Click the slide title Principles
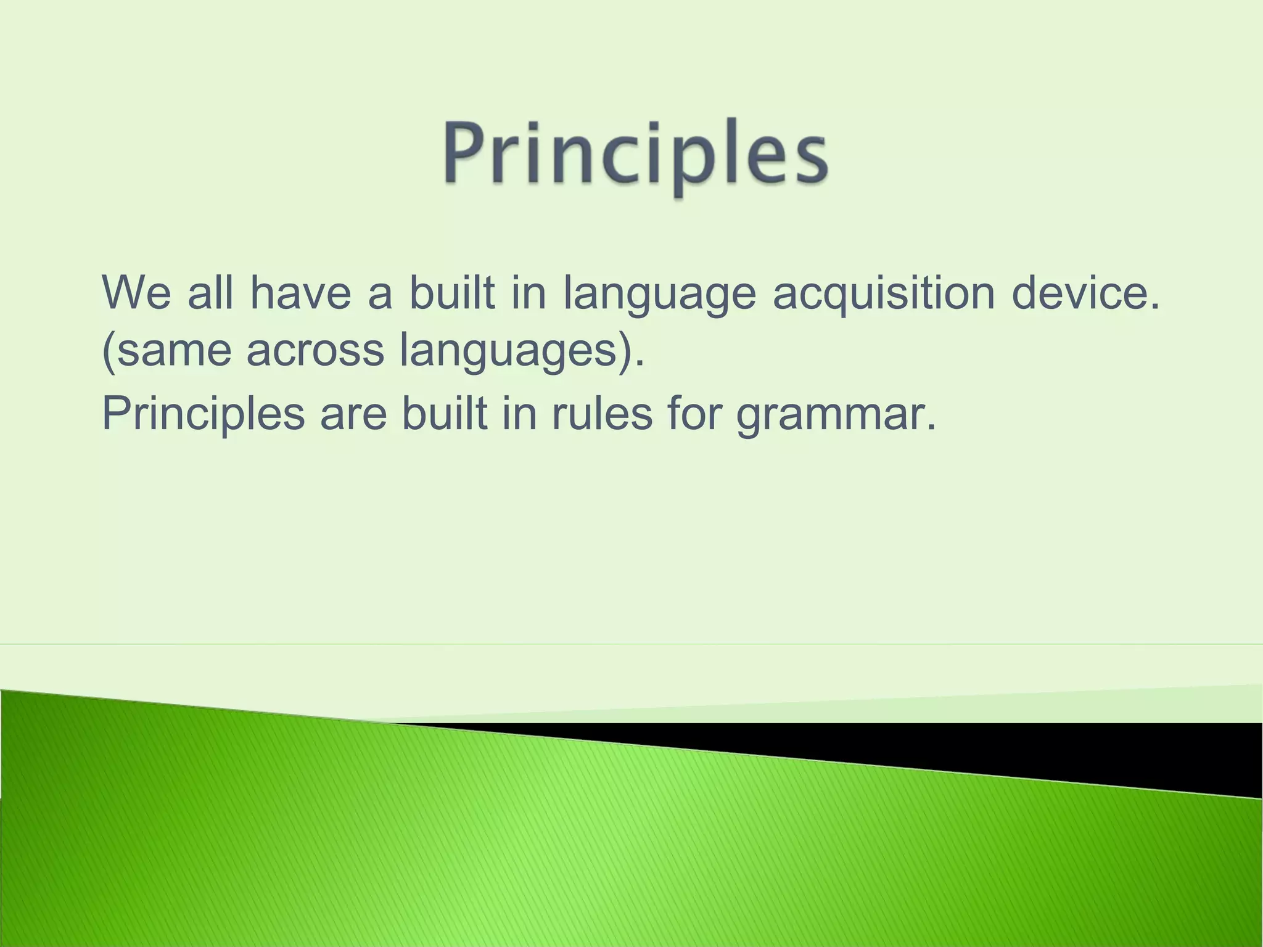(635, 154)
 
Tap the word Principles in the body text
(204, 414)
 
